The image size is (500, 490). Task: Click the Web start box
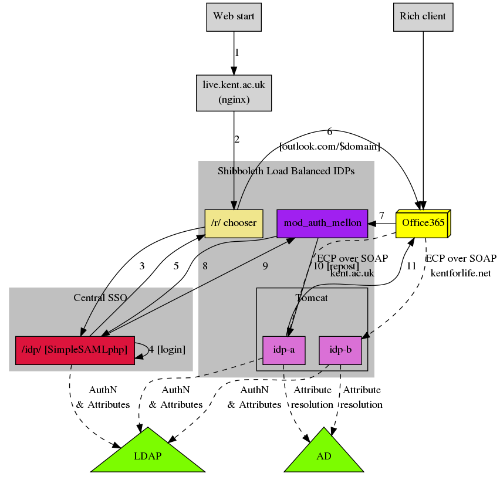click(x=234, y=16)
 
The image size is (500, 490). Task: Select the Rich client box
click(x=423, y=16)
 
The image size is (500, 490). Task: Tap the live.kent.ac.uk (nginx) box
click(x=234, y=92)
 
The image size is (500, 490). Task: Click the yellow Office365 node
click(x=422, y=224)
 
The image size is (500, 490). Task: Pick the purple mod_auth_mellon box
click(x=322, y=224)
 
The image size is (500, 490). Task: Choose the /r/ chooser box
click(x=234, y=224)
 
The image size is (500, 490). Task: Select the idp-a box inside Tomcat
click(x=283, y=350)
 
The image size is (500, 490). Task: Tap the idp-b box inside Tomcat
click(x=340, y=350)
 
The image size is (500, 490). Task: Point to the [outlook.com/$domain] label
click(x=330, y=146)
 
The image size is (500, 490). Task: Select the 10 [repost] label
click(x=336, y=266)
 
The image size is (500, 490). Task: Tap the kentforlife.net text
click(x=461, y=273)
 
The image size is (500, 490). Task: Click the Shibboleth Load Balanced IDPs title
click(x=286, y=171)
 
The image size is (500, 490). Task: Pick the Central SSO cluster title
click(x=100, y=298)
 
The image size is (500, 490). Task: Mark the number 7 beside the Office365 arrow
click(x=381, y=215)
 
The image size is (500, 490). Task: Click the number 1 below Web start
click(x=237, y=53)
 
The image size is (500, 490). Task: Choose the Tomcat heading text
click(x=311, y=298)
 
